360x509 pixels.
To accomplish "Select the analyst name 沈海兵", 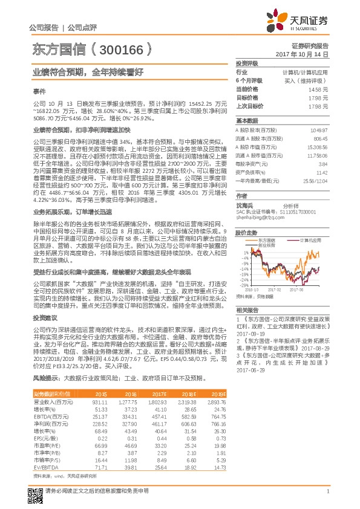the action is pyautogui.click(x=244, y=206).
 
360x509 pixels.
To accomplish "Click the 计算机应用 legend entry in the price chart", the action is pyautogui.click(x=309, y=240).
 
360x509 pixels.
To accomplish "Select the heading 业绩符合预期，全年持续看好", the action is pyautogui.click(x=88, y=71).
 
